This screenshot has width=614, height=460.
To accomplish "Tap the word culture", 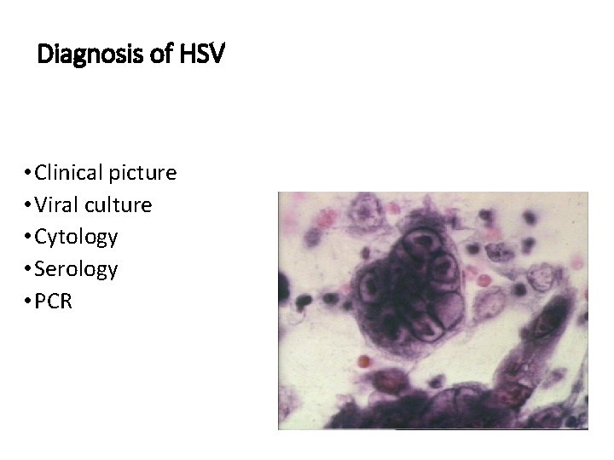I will (118, 205).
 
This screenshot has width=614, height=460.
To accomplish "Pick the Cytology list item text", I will (76, 237).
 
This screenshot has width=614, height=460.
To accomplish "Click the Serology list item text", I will (76, 269).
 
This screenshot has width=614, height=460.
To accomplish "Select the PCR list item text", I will (54, 301).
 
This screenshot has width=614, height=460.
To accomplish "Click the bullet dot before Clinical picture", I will (28, 174).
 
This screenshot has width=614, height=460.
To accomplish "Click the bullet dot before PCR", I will (28, 302).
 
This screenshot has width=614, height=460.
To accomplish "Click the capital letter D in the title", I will (45, 56).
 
